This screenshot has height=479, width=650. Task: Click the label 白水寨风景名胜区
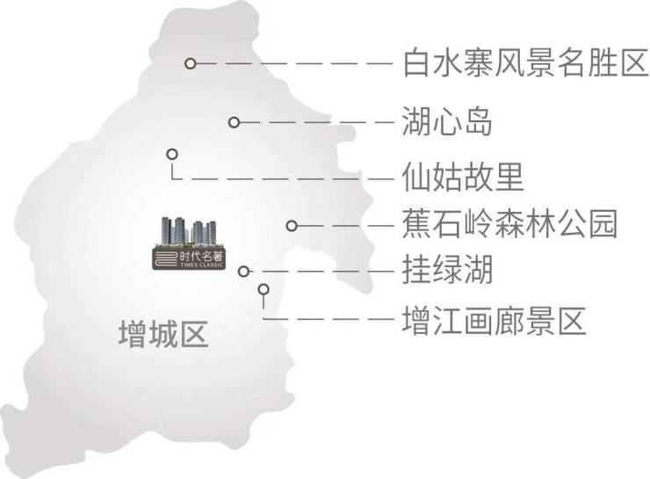(524, 63)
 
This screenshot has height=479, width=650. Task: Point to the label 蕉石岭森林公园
(509, 224)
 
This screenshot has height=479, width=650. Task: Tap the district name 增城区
(163, 335)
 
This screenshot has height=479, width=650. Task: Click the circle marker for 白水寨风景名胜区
(189, 63)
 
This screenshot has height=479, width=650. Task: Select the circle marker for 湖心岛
(234, 122)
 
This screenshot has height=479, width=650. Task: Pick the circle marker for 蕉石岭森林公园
(292, 225)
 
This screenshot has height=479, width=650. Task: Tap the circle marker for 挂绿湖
(245, 272)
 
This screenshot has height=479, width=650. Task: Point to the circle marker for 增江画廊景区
(263, 288)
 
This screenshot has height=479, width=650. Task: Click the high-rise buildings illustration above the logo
(187, 230)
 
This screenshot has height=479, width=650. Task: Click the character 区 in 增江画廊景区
(572, 319)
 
